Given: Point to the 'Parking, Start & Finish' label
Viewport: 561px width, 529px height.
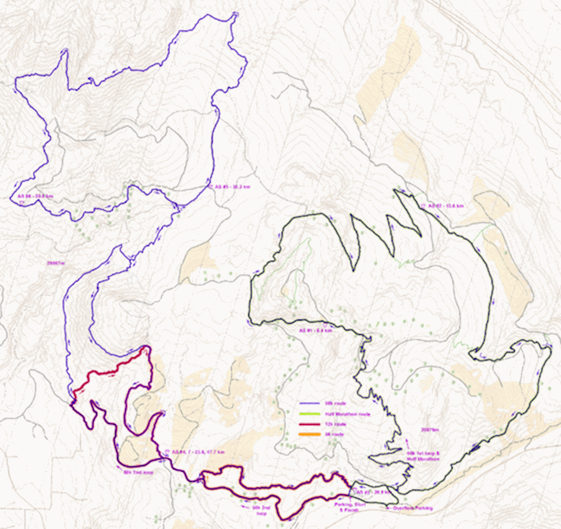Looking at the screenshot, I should click(x=350, y=507).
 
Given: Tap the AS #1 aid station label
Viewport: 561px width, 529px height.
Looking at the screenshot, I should click(x=316, y=331).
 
